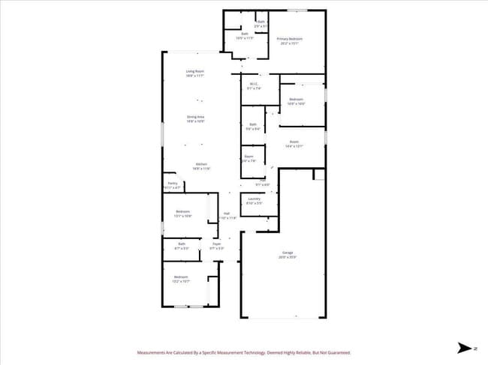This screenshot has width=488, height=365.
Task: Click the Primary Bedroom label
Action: (289, 39)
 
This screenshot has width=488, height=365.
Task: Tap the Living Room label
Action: (195, 71)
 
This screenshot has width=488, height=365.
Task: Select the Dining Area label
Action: (195, 117)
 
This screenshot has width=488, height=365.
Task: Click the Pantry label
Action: (172, 183)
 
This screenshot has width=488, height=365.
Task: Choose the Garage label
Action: (288, 253)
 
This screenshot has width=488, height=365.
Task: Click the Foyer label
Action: (216, 244)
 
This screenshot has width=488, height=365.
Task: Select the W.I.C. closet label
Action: (254, 84)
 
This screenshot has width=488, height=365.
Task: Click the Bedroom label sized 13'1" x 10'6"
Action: (183, 211)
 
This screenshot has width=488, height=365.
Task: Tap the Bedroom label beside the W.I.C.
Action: (296, 99)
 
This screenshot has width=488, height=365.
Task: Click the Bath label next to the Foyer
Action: (182, 244)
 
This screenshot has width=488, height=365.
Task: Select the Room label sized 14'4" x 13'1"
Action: (294, 142)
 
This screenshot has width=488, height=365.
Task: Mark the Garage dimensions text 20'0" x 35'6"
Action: (288, 257)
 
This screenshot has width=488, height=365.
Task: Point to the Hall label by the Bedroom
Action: (226, 213)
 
